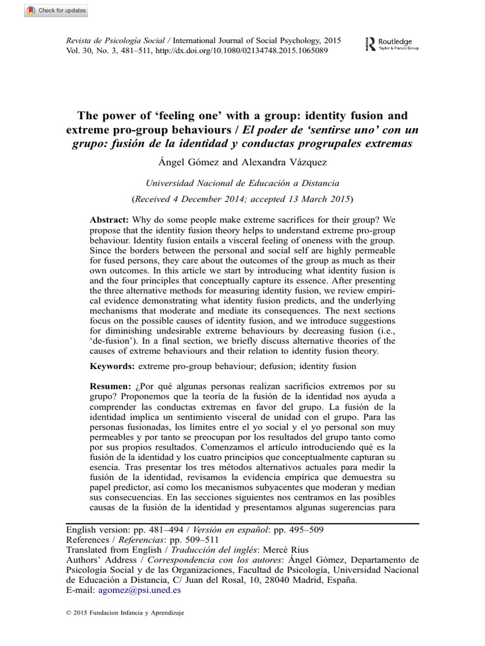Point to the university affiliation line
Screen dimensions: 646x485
click(242, 183)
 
